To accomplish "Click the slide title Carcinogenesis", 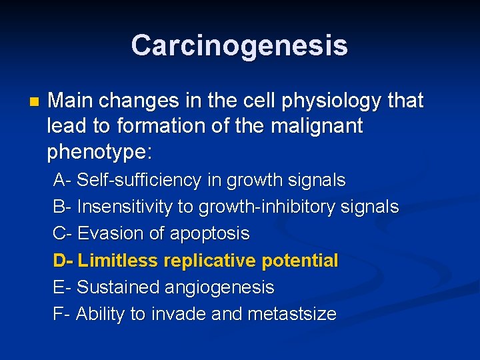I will point(239,45).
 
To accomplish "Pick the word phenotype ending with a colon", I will point(99,152).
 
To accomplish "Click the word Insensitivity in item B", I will point(125,207).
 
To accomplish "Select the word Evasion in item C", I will point(108,234).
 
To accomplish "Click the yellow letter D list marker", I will point(60,260).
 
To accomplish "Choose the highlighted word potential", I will point(300,260).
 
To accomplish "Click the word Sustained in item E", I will point(113,287).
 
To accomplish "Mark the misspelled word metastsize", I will point(292,314).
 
